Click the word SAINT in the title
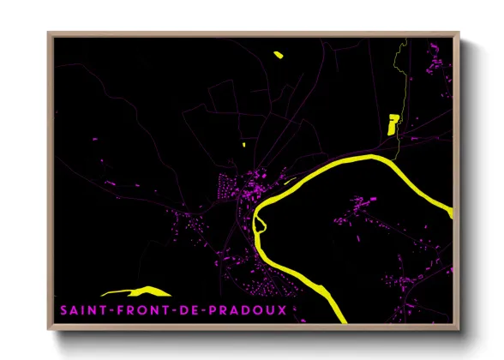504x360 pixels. tap(81, 309)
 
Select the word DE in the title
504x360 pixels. tap(187, 309)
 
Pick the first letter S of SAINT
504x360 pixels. tap(63, 309)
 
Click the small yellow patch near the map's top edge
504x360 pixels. tap(279, 55)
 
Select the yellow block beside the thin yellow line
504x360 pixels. tap(393, 123)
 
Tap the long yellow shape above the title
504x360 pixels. tap(137, 291)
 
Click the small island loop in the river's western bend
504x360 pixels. tap(260, 224)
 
